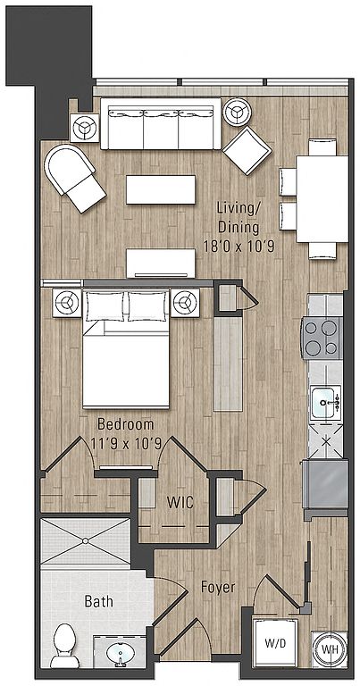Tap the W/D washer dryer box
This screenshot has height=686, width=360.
(x=275, y=643)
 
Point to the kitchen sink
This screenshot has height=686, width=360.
(x=325, y=402)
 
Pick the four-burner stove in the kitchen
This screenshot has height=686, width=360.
(x=322, y=339)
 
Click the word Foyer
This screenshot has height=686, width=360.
(x=218, y=587)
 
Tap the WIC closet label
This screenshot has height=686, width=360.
(x=180, y=503)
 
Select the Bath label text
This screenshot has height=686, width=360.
(x=98, y=601)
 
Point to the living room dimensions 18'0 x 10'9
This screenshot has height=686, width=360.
(x=239, y=247)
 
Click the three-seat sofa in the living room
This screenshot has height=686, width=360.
(x=161, y=124)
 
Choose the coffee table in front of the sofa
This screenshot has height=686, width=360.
(x=161, y=189)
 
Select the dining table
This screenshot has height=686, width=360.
(x=322, y=199)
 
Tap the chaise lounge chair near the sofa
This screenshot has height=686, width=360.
(x=74, y=176)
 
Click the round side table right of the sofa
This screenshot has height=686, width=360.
(x=237, y=112)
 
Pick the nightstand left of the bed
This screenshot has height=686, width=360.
(x=67, y=302)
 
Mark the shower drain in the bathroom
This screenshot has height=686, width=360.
(x=85, y=541)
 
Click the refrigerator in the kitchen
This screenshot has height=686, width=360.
(x=325, y=483)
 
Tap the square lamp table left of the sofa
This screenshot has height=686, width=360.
(x=85, y=128)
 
